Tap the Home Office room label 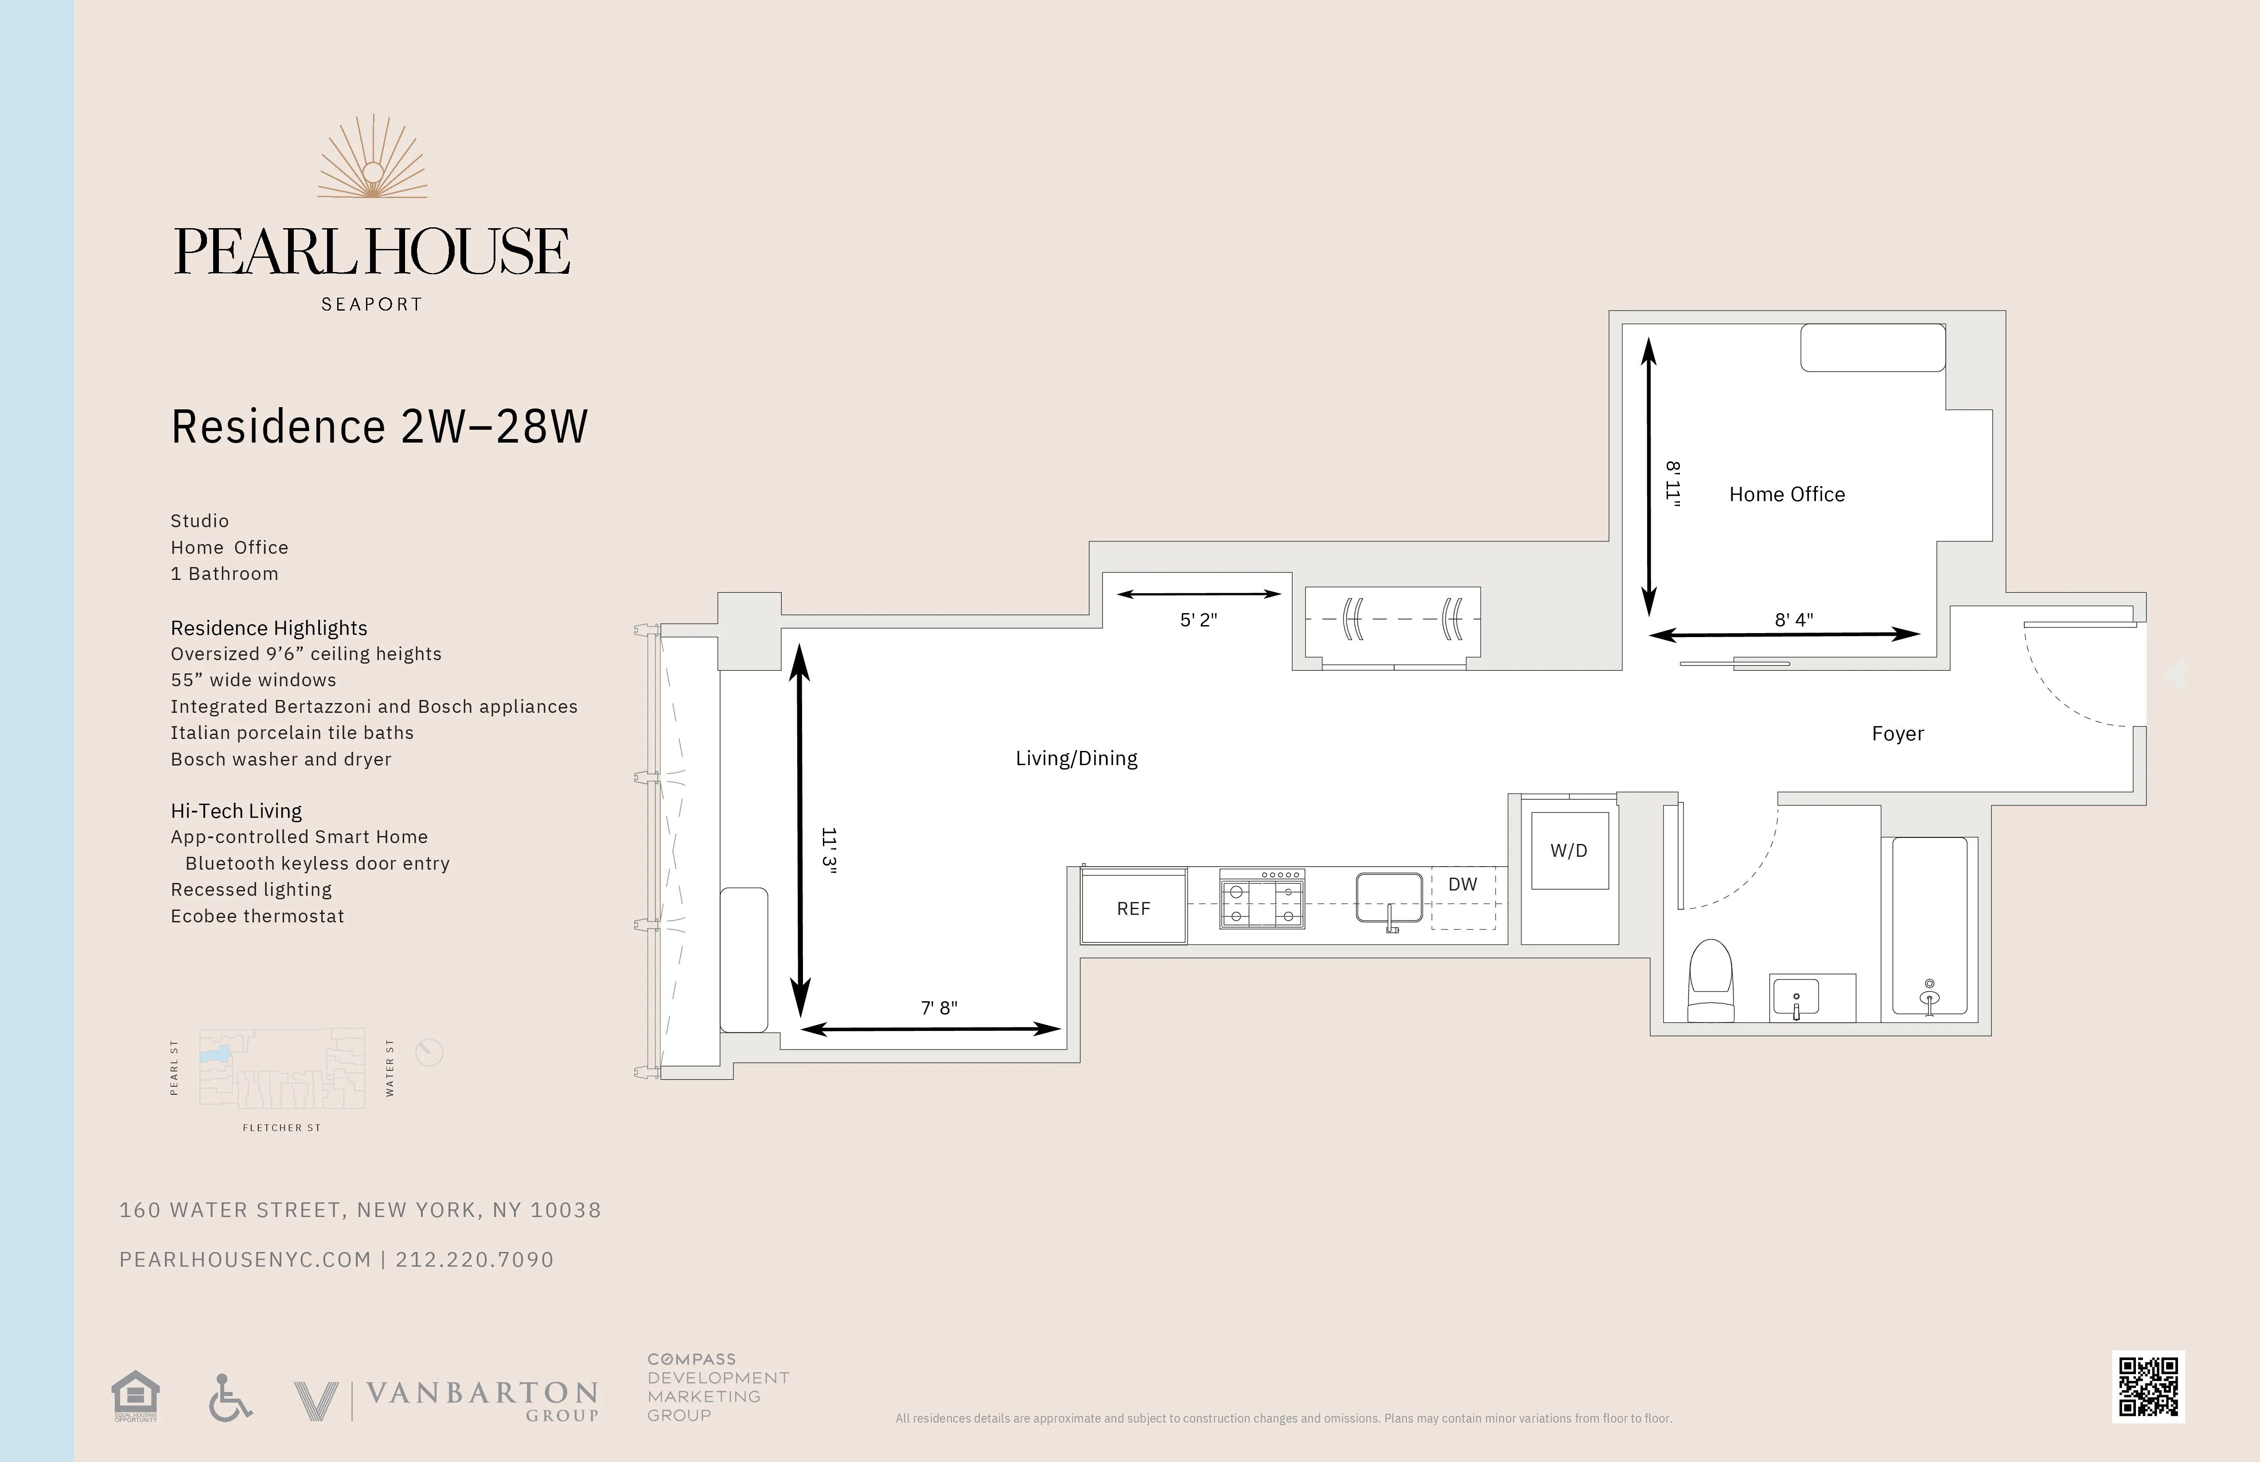pyautogui.click(x=1786, y=494)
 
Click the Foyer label pyautogui.click(x=1897, y=734)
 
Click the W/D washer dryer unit pyautogui.click(x=1569, y=851)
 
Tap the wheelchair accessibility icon pyautogui.click(x=230, y=1397)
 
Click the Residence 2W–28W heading pyautogui.click(x=379, y=426)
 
